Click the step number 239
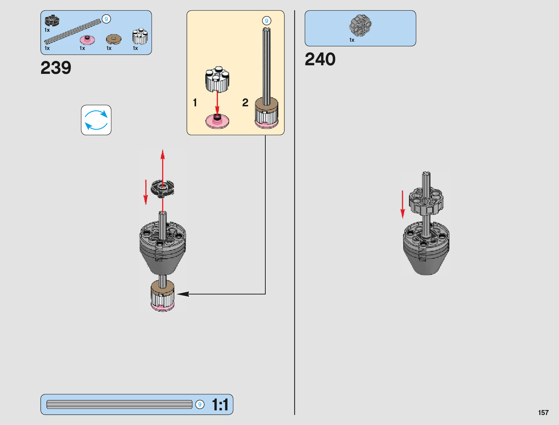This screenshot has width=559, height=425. coord(56,67)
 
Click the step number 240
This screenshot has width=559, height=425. coord(320,59)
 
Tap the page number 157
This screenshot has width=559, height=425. coord(543,413)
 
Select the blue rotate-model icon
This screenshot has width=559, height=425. coord(96,120)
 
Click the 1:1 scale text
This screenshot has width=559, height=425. coord(220,405)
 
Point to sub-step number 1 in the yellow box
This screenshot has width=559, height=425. coord(195,103)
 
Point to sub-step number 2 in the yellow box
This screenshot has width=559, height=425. coord(245,103)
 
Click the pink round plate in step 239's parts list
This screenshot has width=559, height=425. coord(87,40)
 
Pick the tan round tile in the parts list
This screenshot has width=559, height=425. coord(114,39)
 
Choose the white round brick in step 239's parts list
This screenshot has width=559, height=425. coord(140,36)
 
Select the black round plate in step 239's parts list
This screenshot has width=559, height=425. coord(52,21)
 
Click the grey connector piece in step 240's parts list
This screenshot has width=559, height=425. coord(360,25)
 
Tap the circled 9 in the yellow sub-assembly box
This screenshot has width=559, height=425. coord(266,21)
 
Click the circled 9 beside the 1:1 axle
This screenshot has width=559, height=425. coord(200,404)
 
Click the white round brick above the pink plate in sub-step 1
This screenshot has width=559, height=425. coord(217,79)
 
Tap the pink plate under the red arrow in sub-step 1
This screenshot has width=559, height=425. coord(217,121)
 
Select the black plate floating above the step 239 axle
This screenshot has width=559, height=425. coord(162,188)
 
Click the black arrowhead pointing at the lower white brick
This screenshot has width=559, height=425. coord(183,294)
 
